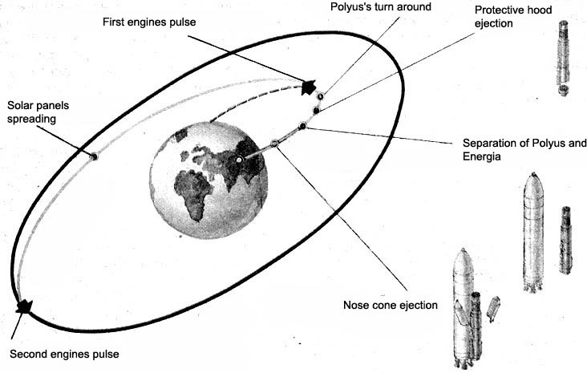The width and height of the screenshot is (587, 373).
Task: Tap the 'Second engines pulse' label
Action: [x=68, y=353]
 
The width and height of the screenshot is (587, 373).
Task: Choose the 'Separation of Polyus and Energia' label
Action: [x=520, y=150]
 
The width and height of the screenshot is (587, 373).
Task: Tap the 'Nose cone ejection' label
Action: [x=391, y=305]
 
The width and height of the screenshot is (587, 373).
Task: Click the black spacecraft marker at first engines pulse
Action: [x=308, y=87]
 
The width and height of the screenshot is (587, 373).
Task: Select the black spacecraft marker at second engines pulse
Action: [x=23, y=306]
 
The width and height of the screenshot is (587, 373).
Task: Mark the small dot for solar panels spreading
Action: [x=94, y=156]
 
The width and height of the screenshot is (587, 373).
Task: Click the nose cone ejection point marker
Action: [x=274, y=143]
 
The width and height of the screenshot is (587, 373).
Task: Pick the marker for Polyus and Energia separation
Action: [x=302, y=126]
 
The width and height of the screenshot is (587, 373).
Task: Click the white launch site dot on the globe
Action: [x=239, y=164]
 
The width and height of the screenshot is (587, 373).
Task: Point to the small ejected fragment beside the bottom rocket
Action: [x=493, y=308]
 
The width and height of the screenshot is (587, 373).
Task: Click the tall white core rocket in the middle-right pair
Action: [x=532, y=231]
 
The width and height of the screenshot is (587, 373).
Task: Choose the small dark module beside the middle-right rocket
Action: [x=565, y=240]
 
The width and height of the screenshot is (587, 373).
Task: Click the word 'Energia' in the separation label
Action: [x=483, y=157]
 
